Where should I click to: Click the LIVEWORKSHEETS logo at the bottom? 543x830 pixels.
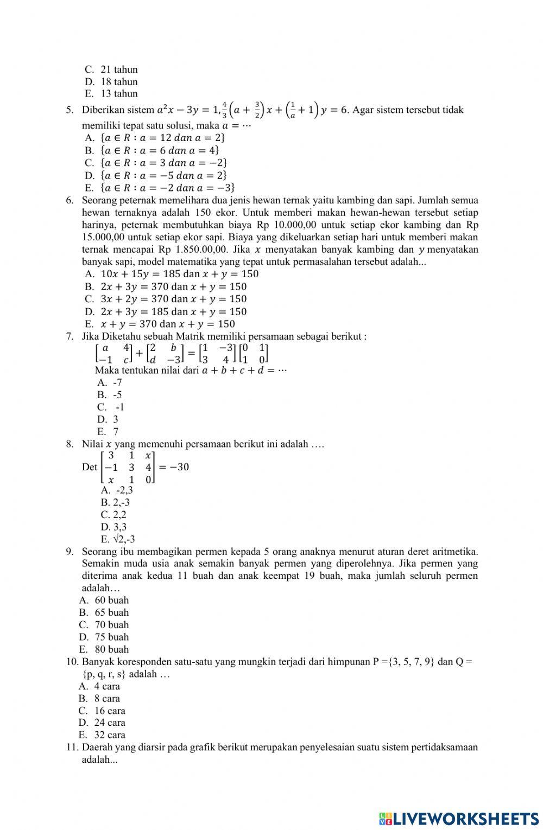pyautogui.click(x=458, y=819)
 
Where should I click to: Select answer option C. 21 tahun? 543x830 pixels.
pyautogui.click(x=112, y=69)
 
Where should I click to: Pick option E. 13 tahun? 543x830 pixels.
pyautogui.click(x=112, y=93)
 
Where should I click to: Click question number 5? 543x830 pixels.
pyautogui.click(x=70, y=110)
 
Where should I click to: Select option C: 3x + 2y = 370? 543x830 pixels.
pyautogui.click(x=166, y=299)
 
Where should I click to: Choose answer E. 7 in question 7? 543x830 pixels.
pyautogui.click(x=109, y=432)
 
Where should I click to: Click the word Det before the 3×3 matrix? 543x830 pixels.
pyautogui.click(x=90, y=467)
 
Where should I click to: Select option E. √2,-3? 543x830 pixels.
pyautogui.click(x=118, y=539)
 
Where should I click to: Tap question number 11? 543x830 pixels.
pyautogui.click(x=73, y=748)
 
